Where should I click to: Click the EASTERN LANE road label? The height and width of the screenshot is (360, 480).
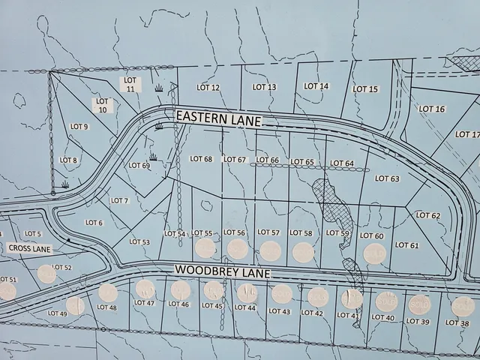[218, 118]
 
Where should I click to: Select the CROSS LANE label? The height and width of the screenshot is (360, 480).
[30, 247]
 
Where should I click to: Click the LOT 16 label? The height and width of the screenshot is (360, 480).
[431, 109]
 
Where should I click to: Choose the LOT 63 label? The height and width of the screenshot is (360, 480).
[387, 178]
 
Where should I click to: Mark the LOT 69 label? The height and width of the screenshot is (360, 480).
[139, 166]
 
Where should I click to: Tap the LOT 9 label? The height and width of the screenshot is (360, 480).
[79, 127]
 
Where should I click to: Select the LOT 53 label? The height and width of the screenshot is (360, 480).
[139, 241]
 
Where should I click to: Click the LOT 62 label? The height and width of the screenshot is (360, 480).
[427, 215]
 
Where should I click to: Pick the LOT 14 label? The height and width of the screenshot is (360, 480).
[316, 86]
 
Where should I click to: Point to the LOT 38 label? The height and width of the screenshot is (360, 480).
[457, 322]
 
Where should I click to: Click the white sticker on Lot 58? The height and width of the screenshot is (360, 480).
[303, 252]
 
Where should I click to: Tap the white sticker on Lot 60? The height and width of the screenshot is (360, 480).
[374, 254]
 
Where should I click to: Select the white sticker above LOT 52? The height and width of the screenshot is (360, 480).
[47, 274]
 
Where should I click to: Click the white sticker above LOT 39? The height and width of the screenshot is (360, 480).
[418, 304]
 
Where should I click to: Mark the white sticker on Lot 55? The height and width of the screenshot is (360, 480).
[205, 248]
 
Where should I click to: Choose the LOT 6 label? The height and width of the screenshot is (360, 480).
[94, 222]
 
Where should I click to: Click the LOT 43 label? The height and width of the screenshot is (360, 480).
[279, 310]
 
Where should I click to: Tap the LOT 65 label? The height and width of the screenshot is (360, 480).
[302, 162]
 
